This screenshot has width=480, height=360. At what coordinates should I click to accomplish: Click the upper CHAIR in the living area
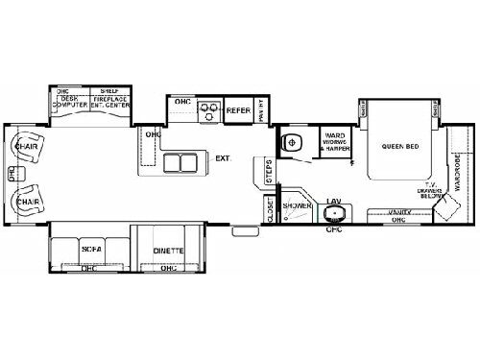28,150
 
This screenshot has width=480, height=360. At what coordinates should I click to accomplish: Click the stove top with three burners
207,111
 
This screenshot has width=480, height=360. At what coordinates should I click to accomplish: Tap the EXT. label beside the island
222,157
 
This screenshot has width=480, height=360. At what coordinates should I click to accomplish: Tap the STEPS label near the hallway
270,174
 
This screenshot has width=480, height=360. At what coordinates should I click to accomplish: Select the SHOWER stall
296,212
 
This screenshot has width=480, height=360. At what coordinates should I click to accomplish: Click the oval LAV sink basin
335,213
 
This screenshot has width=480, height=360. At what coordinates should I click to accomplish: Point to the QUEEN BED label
397,147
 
